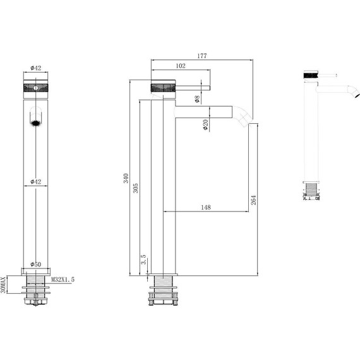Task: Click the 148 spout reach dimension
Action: click(x=206, y=207)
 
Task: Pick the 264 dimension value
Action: click(x=253, y=200)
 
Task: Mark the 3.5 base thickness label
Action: click(x=143, y=260)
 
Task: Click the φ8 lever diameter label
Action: click(x=197, y=99)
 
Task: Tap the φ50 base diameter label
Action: click(x=35, y=264)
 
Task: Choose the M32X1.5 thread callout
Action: click(x=62, y=278)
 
